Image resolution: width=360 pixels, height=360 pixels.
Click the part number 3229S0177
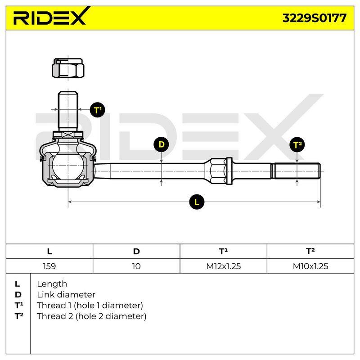click(x=314, y=18)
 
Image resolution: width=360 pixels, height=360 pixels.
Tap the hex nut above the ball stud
click(x=68, y=68)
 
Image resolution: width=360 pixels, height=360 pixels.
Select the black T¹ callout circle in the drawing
click(x=98, y=110)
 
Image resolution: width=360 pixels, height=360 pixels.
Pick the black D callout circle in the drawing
click(x=162, y=144)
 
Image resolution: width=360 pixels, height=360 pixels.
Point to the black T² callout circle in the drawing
click(x=297, y=144)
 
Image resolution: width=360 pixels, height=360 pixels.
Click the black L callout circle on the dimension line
click(x=197, y=202)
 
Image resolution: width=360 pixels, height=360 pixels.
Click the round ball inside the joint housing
click(x=68, y=166)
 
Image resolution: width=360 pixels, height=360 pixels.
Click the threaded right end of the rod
click(x=297, y=171)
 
